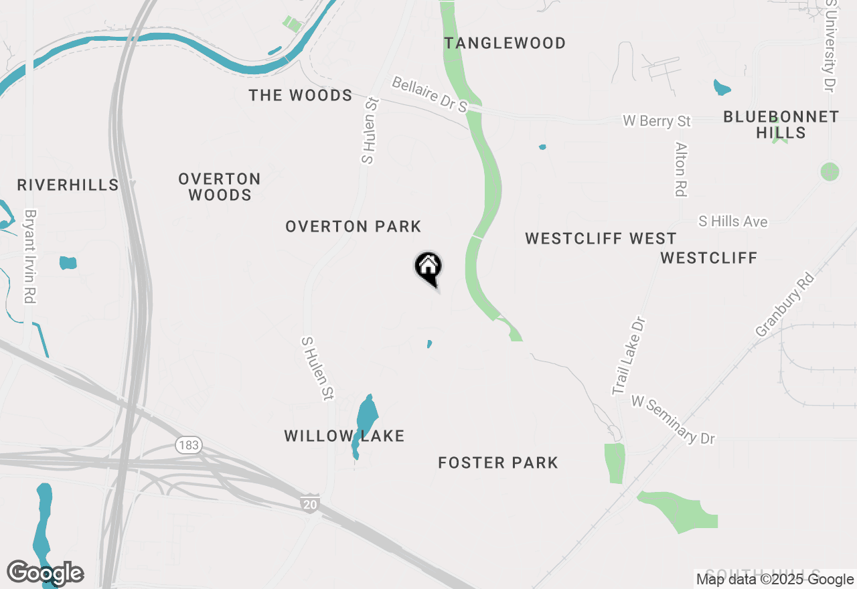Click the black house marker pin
[x=428, y=268]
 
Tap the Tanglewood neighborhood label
[x=505, y=44]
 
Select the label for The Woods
[x=301, y=96]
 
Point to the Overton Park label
[x=354, y=227]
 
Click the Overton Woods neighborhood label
[x=220, y=187]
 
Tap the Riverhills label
[x=68, y=185]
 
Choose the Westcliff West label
[x=601, y=239]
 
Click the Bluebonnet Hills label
[x=781, y=125]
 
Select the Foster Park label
[x=498, y=463]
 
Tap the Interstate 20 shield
[x=310, y=504]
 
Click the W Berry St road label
[x=656, y=121]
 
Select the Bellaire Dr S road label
[x=429, y=94]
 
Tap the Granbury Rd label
[x=785, y=305]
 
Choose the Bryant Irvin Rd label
[x=29, y=257]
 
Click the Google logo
[x=45, y=573]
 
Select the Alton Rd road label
[x=682, y=169]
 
